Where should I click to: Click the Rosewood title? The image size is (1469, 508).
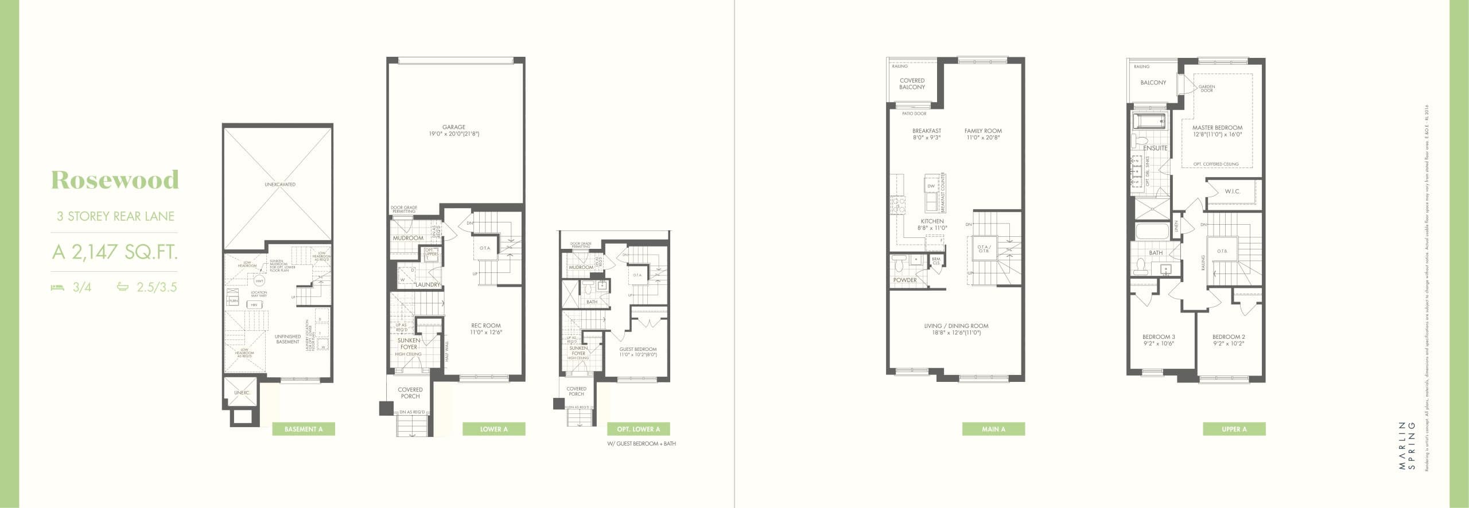coord(115,180)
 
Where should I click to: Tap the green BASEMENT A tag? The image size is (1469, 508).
coord(304,429)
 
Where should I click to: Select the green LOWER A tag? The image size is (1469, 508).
coord(493,429)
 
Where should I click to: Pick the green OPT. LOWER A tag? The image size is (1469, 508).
coord(638,429)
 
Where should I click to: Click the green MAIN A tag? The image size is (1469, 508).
coord(993,429)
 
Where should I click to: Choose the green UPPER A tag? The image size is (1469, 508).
coord(1234,429)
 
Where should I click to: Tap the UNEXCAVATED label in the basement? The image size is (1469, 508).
coord(280,185)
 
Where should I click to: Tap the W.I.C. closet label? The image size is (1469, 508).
coord(1233,192)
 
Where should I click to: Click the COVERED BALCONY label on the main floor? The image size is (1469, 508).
coord(912,84)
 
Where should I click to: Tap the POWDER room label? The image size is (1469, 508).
coord(905,280)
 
